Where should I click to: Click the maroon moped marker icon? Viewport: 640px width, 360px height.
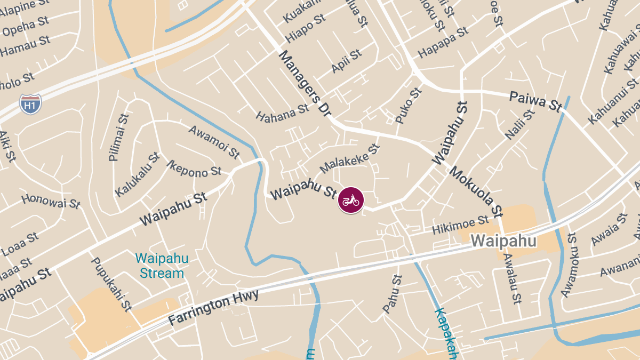350,201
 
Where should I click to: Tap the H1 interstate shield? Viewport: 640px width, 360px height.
30,104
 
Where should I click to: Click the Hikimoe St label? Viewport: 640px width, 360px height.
460,225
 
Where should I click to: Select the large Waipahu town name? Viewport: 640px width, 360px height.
503,241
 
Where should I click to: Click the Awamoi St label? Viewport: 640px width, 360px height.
214,142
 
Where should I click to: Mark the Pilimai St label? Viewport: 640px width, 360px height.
118,138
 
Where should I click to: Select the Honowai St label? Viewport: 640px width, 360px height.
51,201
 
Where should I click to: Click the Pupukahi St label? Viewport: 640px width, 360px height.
111,284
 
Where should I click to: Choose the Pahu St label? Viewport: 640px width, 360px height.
392,294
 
